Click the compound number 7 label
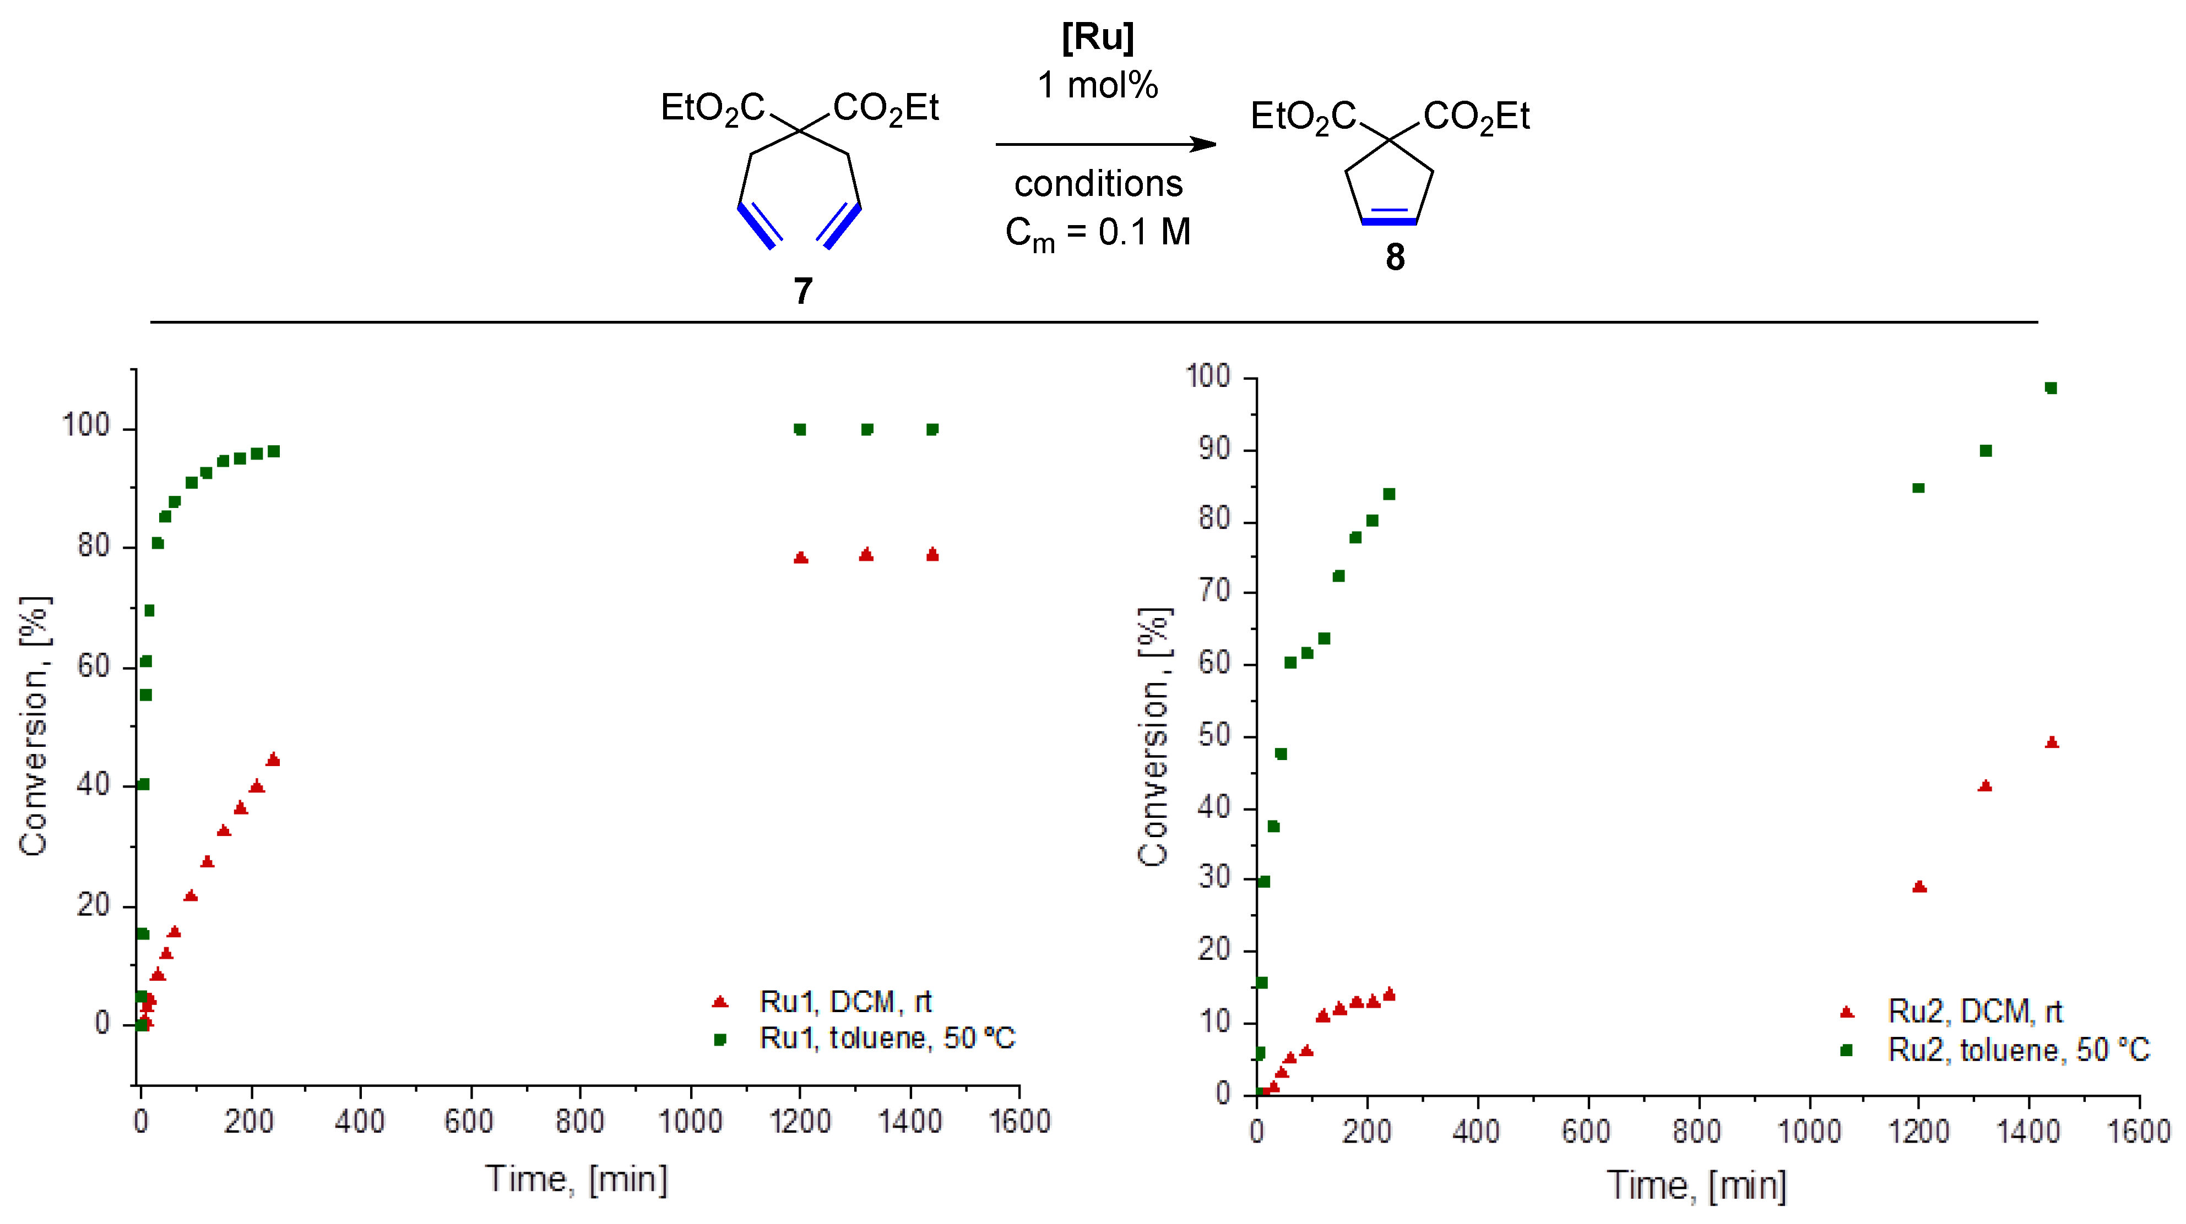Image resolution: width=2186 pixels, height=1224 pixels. point(803,291)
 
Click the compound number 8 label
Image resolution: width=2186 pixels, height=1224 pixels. point(1395,257)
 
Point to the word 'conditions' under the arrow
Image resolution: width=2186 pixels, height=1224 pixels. point(1098,183)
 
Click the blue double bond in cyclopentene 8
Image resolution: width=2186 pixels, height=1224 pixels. point(1389,221)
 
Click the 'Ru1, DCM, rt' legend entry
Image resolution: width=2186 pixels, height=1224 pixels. point(844,1002)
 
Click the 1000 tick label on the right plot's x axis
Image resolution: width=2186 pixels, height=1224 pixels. point(1808,1132)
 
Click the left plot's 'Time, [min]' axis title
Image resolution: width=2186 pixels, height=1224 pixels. point(576,1179)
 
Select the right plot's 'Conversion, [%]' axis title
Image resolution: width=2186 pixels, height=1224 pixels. point(1153,736)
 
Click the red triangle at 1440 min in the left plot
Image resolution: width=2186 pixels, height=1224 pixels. point(932,555)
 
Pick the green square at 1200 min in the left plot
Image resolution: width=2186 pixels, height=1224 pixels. point(799,429)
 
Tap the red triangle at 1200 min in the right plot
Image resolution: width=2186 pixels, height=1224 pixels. point(1919,887)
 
